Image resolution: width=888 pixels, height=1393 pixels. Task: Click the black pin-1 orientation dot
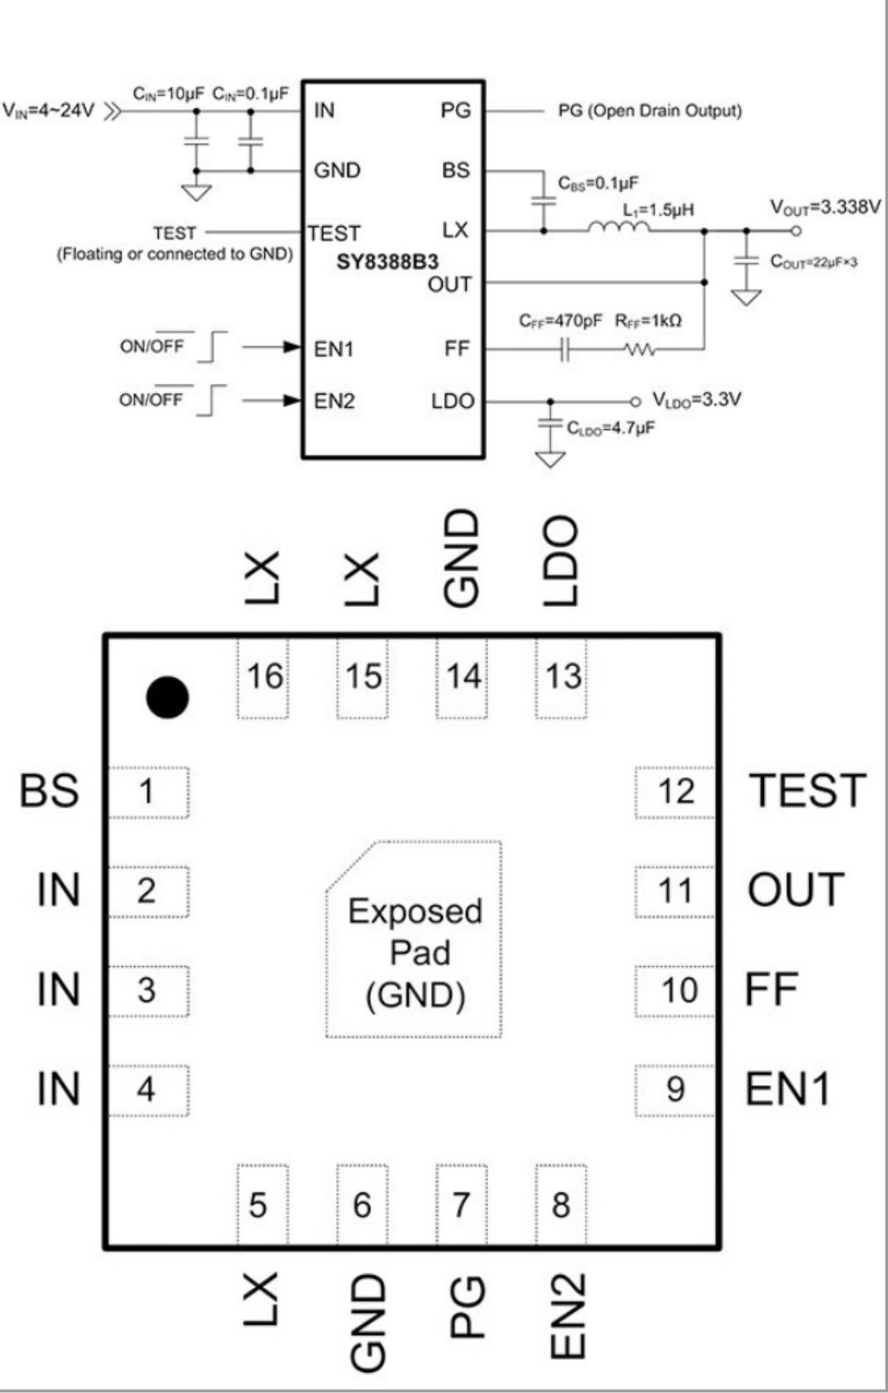click(x=167, y=697)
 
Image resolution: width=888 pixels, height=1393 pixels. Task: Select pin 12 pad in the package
click(x=674, y=792)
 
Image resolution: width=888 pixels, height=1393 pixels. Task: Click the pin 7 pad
click(x=462, y=1204)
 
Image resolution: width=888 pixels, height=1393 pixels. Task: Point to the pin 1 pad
click(x=147, y=792)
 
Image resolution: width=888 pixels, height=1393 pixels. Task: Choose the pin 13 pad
click(x=562, y=677)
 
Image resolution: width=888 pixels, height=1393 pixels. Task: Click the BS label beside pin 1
click(x=49, y=790)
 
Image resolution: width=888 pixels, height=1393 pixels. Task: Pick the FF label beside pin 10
click(x=771, y=989)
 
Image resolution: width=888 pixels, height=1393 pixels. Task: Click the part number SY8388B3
click(x=387, y=261)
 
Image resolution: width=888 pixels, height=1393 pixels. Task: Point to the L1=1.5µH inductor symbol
click(x=619, y=228)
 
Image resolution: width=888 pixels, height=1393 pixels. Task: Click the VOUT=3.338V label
click(x=825, y=207)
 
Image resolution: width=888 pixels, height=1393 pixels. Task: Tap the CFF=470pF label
click(x=560, y=321)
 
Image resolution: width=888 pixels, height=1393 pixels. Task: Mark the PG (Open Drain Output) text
click(x=649, y=111)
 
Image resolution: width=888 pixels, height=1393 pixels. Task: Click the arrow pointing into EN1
click(x=290, y=347)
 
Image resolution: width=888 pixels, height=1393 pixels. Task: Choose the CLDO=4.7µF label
click(x=610, y=428)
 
